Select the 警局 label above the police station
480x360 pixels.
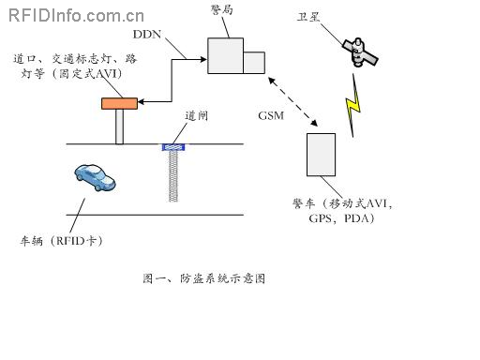222,8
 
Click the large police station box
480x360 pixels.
225,54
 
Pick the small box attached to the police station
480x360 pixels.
254,62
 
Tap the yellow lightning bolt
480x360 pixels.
353,105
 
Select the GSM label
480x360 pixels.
270,115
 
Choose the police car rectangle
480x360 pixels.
321,155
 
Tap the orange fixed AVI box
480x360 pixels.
119,102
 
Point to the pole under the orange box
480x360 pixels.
119,127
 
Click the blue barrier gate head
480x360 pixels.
172,147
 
